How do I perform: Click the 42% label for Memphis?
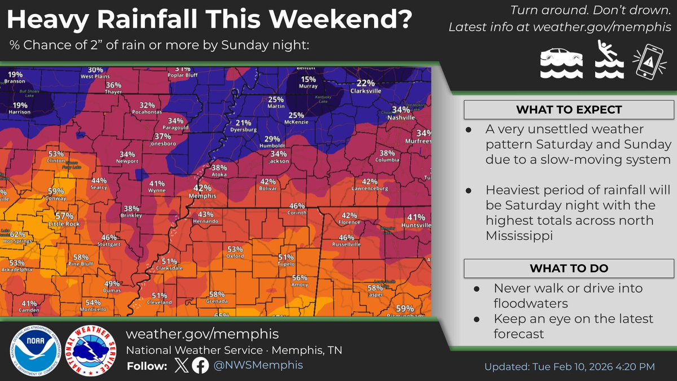click(x=203, y=188)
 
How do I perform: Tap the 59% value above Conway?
click(x=56, y=191)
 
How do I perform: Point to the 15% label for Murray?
click(x=308, y=80)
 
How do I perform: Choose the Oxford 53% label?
click(x=235, y=249)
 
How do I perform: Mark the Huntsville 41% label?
click(x=416, y=217)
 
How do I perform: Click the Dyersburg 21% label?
click(x=243, y=123)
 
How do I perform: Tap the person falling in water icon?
click(x=610, y=62)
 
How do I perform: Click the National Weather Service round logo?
click(x=87, y=349)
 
